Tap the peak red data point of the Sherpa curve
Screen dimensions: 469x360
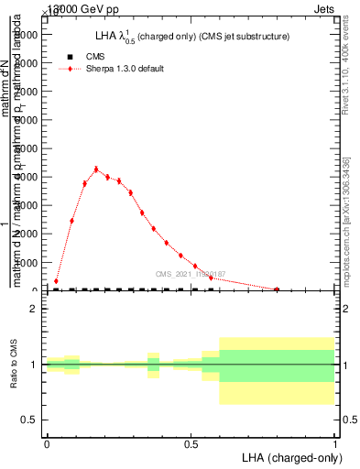point(96,169)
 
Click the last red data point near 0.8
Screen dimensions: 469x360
point(277,289)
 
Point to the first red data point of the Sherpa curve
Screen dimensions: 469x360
point(56,281)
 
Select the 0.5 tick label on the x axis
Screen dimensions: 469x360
point(191,442)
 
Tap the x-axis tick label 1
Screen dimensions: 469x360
point(335,442)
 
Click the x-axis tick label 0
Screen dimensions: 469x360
point(47,442)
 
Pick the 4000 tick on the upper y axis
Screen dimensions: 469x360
point(26,177)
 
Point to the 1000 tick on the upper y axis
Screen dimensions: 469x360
point(26,263)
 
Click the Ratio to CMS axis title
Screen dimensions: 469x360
point(14,365)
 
